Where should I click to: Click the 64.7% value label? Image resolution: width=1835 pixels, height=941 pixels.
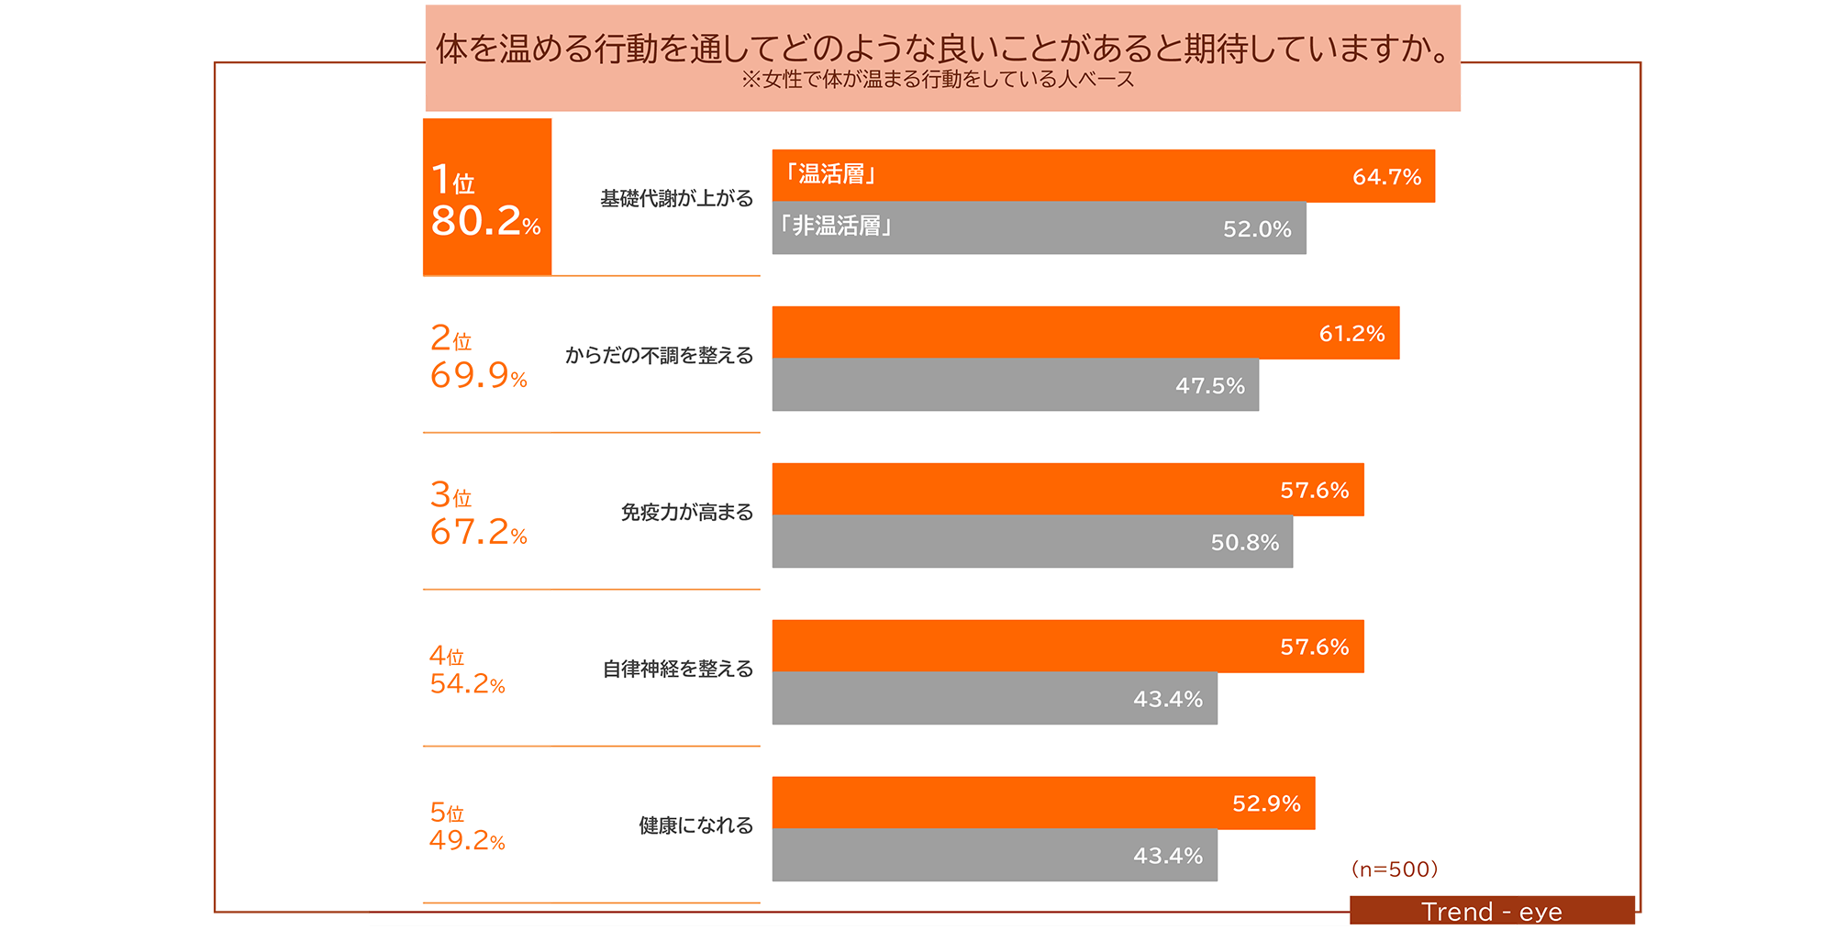[x=1386, y=177]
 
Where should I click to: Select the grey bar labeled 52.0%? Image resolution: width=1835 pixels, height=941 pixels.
[x=1039, y=228]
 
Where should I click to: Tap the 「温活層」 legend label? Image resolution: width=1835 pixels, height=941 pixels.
[x=830, y=174]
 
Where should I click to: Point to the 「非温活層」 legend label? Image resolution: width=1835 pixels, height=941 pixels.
[x=836, y=226]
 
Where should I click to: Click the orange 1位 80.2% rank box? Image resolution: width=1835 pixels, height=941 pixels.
[x=487, y=197]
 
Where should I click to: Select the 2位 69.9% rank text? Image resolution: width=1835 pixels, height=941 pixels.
[x=479, y=357]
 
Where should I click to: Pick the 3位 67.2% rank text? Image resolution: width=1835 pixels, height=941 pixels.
[x=479, y=514]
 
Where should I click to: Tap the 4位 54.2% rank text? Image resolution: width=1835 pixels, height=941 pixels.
[x=467, y=670]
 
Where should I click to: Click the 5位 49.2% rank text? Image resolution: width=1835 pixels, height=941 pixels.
[x=467, y=827]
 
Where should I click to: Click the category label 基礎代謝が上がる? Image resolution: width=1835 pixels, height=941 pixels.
[x=676, y=198]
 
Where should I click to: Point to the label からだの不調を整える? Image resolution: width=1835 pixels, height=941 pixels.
[x=659, y=355]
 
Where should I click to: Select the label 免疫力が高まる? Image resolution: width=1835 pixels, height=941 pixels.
[x=686, y=512]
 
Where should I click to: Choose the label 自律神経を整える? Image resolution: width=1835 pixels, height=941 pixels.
[x=677, y=669]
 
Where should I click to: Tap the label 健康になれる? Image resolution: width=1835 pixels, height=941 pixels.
[x=695, y=825]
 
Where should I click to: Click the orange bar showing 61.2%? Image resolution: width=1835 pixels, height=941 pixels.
[x=1085, y=333]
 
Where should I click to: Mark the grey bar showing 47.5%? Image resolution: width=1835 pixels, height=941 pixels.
[x=1015, y=385]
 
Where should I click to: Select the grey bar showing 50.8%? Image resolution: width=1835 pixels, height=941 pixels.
[x=1032, y=542]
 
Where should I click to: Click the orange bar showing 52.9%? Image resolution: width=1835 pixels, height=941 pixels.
[x=1043, y=803]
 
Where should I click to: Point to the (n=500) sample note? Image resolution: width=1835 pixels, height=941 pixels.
[x=1395, y=869]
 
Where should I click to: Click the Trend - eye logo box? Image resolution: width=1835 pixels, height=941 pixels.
[x=1492, y=911]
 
